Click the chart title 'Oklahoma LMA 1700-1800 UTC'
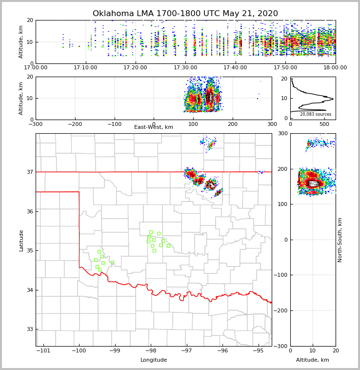pyautogui.click(x=185, y=14)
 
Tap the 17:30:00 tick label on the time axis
pyautogui.click(x=185, y=68)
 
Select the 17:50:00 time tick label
pyautogui.click(x=285, y=68)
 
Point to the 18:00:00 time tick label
pyautogui.click(x=335, y=68)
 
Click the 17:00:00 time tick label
pyautogui.click(x=36, y=68)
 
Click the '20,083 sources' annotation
pyautogui.click(x=316, y=114)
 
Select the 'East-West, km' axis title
pyautogui.click(x=154, y=127)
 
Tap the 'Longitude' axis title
pyautogui.click(x=154, y=360)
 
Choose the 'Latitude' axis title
pyautogui.click(x=21, y=240)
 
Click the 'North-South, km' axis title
pyautogui.click(x=340, y=240)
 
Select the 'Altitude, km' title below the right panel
pyautogui.click(x=313, y=360)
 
